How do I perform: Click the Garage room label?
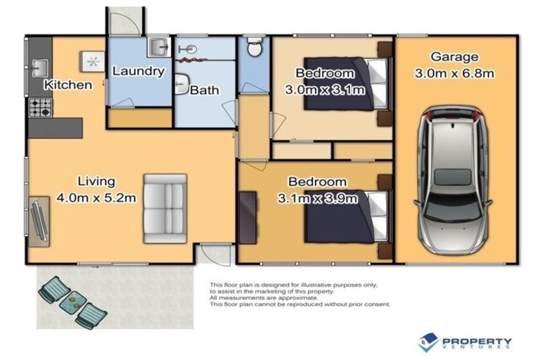tap(454, 56)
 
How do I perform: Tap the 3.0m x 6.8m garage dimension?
tap(454, 73)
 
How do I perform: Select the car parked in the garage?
tap(454, 180)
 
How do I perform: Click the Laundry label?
tap(139, 71)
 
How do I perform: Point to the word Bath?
tap(205, 90)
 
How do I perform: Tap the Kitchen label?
tap(68, 85)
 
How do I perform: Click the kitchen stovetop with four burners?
tap(41, 108)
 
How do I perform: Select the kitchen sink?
tap(39, 68)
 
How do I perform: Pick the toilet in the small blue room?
tap(255, 46)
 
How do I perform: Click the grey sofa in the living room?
tap(165, 209)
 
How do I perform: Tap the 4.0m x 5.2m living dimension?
tap(96, 198)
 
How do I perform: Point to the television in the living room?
tap(39, 221)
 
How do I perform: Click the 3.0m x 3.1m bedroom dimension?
tap(325, 90)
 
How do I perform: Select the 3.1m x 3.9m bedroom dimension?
tap(318, 198)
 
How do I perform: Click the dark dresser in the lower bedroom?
tap(248, 218)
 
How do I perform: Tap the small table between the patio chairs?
tap(73, 302)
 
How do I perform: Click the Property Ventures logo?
tap(465, 342)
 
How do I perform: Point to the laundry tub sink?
tap(159, 47)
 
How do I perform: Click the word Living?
tap(96, 181)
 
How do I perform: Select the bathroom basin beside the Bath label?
tap(181, 84)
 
